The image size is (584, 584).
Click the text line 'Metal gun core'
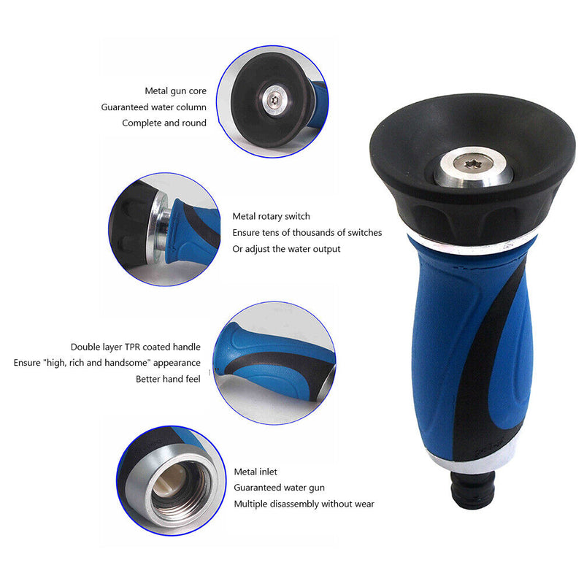point(175,91)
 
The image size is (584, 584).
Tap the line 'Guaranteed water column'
point(153,107)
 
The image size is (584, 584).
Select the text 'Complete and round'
point(164,123)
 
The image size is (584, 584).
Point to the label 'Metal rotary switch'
point(271,216)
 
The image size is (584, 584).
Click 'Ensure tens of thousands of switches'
point(307,233)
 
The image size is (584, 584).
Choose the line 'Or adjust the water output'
point(286,249)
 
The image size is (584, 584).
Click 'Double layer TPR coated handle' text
point(136,347)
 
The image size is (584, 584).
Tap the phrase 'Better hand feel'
point(168,379)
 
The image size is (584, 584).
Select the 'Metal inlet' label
point(255,472)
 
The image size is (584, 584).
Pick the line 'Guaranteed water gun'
point(279,488)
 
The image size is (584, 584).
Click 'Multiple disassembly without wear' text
point(304,504)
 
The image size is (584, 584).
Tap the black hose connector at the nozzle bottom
point(472,490)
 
